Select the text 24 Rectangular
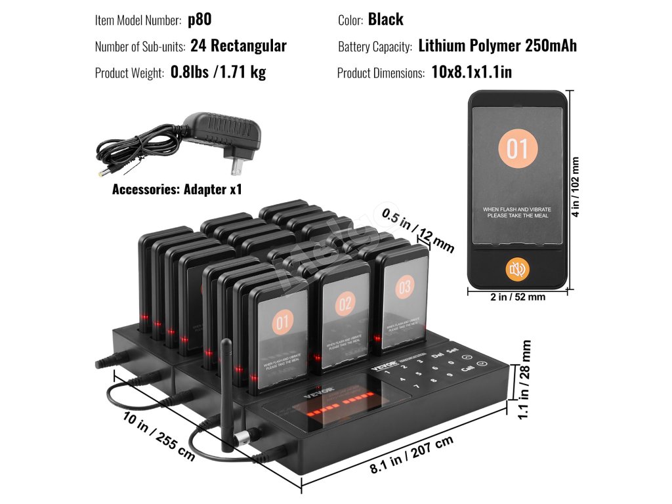238,46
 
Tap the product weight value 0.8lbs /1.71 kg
218,72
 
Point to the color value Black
385,20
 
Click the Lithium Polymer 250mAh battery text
497,46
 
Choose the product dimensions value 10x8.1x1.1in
471,72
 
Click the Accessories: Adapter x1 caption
177,190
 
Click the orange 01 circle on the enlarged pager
517,149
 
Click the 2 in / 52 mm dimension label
518,297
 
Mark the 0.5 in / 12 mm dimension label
418,230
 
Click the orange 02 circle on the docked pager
345,304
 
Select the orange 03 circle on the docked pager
404,287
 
